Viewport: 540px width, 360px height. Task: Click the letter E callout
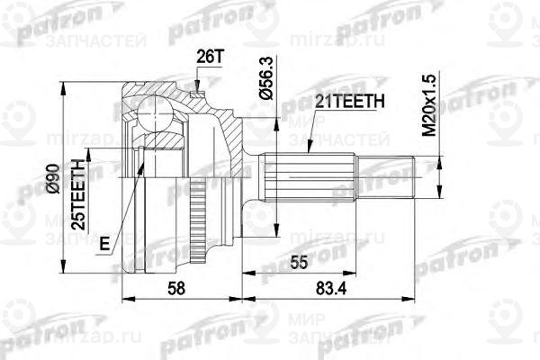coord(104,242)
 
